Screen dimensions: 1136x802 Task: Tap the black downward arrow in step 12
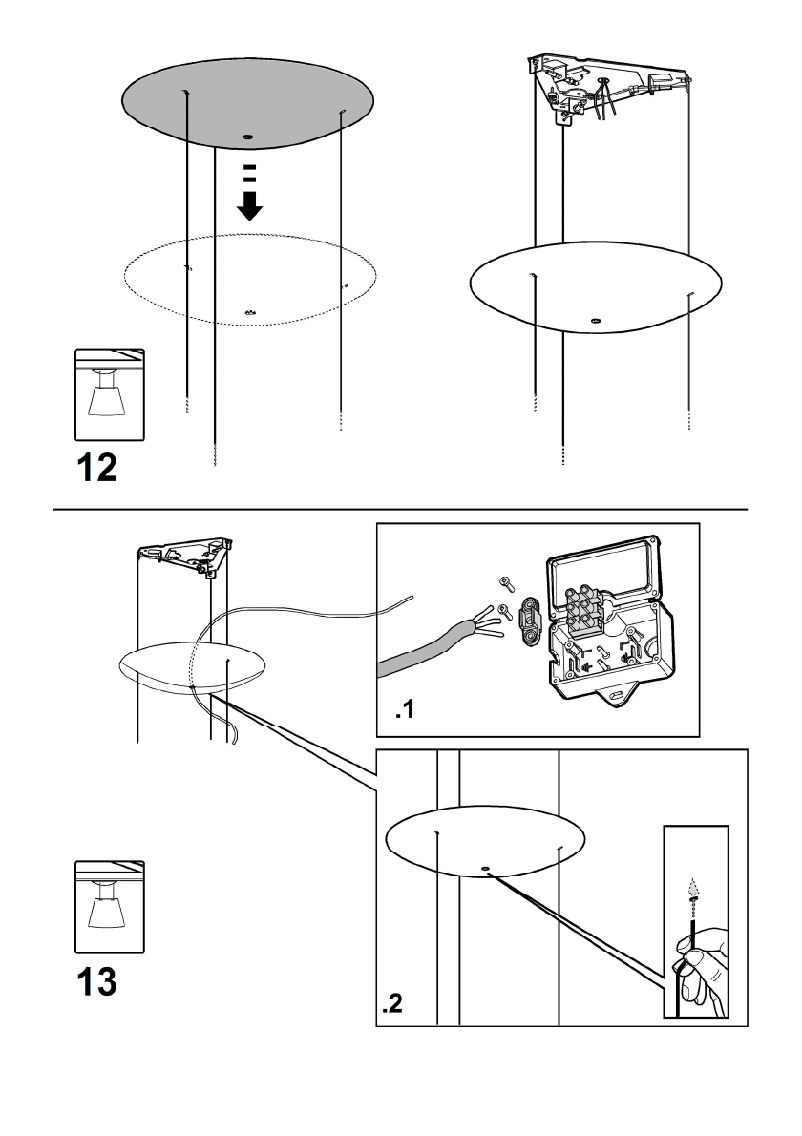click(x=249, y=204)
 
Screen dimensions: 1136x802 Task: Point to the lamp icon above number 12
click(x=109, y=395)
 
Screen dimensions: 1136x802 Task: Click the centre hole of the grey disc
click(x=246, y=137)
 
